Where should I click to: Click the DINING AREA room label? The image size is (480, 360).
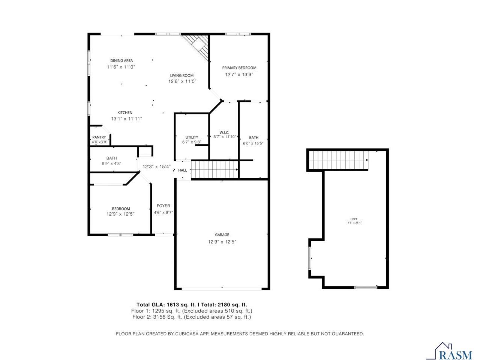point(121,61)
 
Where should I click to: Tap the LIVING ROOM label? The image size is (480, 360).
point(181,75)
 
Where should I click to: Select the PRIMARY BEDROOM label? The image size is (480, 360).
point(239,68)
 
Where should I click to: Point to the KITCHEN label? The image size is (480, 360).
point(125,113)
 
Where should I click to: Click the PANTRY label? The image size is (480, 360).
point(99,137)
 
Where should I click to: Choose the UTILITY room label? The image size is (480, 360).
point(192,137)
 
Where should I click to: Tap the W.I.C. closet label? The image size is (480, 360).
point(224,132)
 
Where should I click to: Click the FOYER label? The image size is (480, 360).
point(163,206)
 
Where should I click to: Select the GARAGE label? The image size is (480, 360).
point(222,235)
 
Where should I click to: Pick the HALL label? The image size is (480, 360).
point(183,171)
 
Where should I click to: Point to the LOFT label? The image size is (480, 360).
point(354,219)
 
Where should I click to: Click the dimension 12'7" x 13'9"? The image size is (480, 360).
point(239,75)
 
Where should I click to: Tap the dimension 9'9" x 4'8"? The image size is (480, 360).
point(111,163)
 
